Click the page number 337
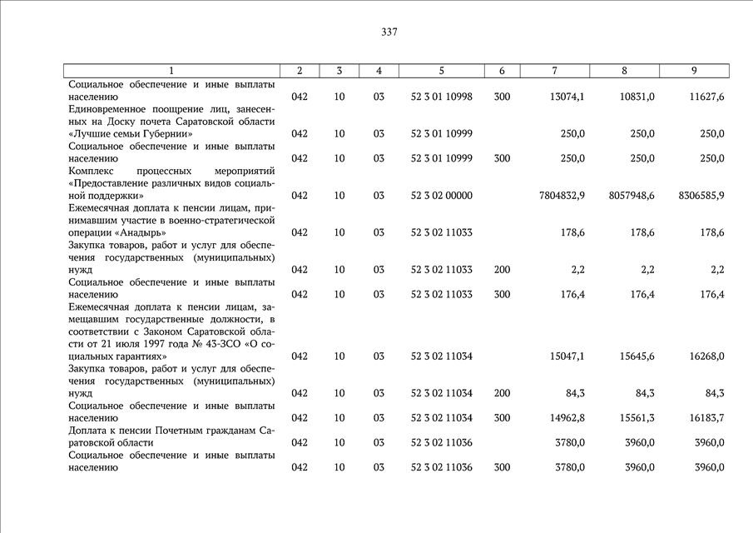click(389, 32)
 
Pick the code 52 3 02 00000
click(441, 196)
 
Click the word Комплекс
click(93, 171)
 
